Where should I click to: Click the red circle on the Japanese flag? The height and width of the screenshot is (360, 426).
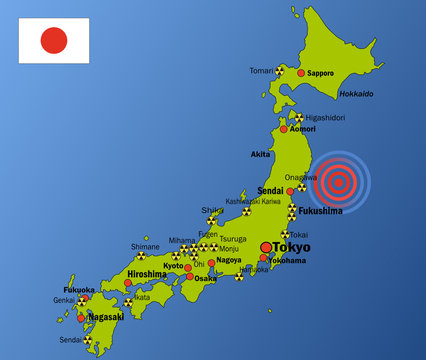pyautogui.click(x=53, y=40)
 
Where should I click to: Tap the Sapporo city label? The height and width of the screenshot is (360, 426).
pyautogui.click(x=321, y=73)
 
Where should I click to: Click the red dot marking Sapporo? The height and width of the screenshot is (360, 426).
pyautogui.click(x=301, y=73)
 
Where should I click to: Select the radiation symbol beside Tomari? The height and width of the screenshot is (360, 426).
pyautogui.click(x=281, y=71)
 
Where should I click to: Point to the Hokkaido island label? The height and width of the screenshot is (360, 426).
pyautogui.click(x=355, y=94)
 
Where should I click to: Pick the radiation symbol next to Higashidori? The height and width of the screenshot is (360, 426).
pyautogui.click(x=299, y=116)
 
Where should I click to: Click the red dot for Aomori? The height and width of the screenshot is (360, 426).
pyautogui.click(x=283, y=129)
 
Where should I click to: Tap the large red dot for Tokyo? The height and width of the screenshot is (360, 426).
pyautogui.click(x=265, y=247)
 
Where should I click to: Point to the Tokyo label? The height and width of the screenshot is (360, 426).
pyautogui.click(x=291, y=247)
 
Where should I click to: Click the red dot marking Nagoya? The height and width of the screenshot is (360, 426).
pyautogui.click(x=211, y=261)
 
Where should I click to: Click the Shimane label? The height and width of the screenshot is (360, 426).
pyautogui.click(x=145, y=246)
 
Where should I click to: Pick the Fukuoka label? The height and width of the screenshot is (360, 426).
pyautogui.click(x=79, y=290)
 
